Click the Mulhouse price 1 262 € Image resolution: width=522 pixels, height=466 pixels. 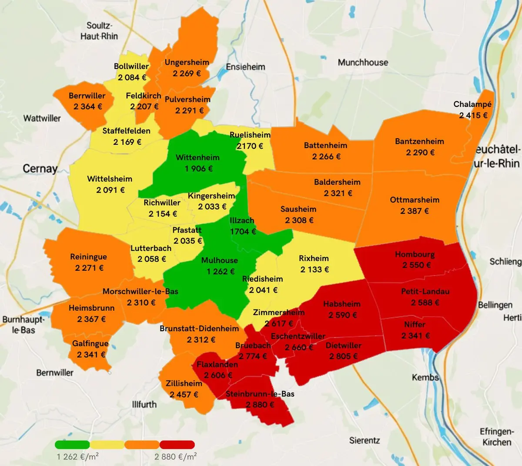220,271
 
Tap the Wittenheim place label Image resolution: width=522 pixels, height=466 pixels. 197,157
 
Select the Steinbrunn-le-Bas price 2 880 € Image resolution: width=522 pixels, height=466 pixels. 260,405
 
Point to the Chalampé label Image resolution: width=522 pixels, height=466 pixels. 472,104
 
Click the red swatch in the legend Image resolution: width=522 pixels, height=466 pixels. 177,445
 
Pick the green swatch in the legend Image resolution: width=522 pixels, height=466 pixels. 72,445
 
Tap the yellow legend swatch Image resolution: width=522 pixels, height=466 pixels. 107,445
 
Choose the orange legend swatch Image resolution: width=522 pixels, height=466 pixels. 142,445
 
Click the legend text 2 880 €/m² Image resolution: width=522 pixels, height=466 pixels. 175,456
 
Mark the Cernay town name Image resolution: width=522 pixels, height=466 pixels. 40,169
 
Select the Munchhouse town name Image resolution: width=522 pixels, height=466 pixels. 363,63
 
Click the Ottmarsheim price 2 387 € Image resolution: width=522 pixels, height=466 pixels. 415,211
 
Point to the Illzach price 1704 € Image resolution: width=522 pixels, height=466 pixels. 243,231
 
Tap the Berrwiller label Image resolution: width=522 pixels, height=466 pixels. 87,96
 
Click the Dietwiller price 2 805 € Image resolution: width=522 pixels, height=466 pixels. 343,356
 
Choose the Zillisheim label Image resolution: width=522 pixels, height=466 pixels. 184,383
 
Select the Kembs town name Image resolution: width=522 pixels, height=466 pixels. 425,377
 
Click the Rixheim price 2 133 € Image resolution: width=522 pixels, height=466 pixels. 315,270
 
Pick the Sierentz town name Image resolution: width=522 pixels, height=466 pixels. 365,440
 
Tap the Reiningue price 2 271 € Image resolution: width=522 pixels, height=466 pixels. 89,268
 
